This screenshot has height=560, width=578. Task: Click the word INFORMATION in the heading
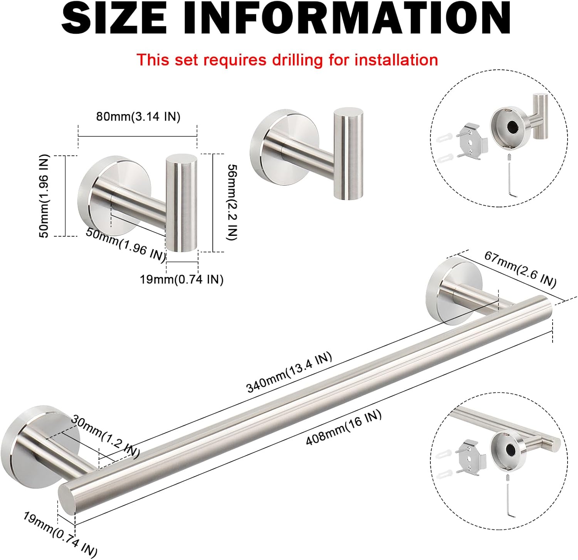pos(347,18)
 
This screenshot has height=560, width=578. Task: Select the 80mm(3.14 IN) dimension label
pos(138,116)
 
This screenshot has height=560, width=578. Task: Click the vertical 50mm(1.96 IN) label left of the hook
pos(45,196)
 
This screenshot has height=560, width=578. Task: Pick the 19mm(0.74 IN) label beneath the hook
pos(181,279)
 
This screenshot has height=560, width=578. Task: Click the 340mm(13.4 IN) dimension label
pos(289,372)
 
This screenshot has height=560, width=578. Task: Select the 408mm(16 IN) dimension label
pos(343,427)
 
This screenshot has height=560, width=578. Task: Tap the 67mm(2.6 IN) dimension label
pos(520,269)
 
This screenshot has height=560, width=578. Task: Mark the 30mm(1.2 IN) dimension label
pos(105,436)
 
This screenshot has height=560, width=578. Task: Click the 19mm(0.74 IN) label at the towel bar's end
pos(60,534)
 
